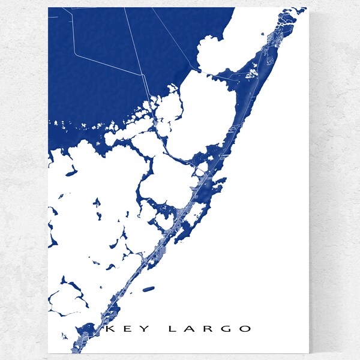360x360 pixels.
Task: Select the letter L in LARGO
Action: click(172, 329)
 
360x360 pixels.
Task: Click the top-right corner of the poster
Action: click(306, 8)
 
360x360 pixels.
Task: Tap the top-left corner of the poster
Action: click(48, 8)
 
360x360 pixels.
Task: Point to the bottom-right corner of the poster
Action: click(306, 353)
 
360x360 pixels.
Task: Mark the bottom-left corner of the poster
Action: click(48, 353)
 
